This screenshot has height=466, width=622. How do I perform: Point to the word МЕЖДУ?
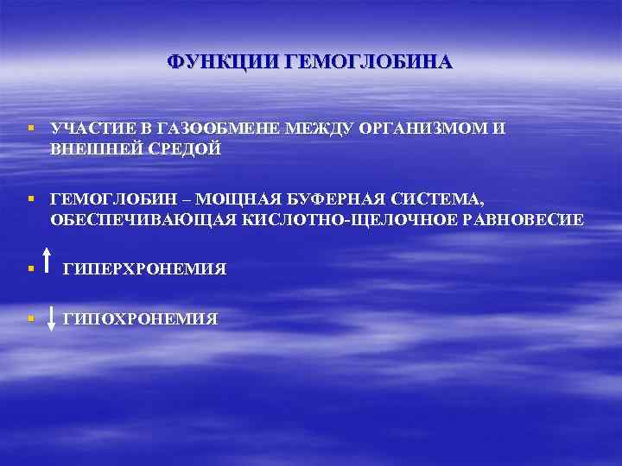317,129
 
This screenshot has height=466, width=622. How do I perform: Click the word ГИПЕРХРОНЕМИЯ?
144,269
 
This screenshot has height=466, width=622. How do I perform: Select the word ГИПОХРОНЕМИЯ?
140,318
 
